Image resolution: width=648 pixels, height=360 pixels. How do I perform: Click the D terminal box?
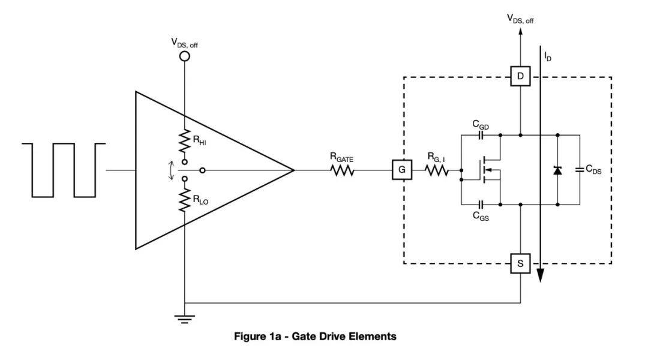pos(520,77)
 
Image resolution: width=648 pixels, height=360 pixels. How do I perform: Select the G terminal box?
pos(402,170)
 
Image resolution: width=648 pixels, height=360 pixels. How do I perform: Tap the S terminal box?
pos(520,263)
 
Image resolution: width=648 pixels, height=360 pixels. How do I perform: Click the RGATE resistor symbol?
pos(342,171)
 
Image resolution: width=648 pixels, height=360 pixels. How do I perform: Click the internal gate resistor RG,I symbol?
pos(437,171)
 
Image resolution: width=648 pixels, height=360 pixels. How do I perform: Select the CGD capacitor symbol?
pos(481,136)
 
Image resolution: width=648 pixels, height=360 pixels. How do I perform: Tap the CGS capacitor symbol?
pos(481,205)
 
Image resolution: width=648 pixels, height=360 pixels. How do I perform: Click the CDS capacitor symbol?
pos(579,170)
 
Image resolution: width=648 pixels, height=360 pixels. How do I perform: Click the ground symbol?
pos(185,318)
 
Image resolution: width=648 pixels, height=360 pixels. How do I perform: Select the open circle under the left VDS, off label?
pos(185,56)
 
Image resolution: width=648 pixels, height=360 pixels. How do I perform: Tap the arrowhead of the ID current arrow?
pos(541,274)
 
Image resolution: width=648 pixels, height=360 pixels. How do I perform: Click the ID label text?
pos(547,56)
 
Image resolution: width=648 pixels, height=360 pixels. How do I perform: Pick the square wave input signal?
pos(64,170)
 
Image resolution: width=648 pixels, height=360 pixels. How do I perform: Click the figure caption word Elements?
pos(374,337)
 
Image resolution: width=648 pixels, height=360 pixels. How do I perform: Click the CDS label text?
pos(594,170)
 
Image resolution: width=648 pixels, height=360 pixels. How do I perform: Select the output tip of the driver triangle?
pos(293,170)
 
